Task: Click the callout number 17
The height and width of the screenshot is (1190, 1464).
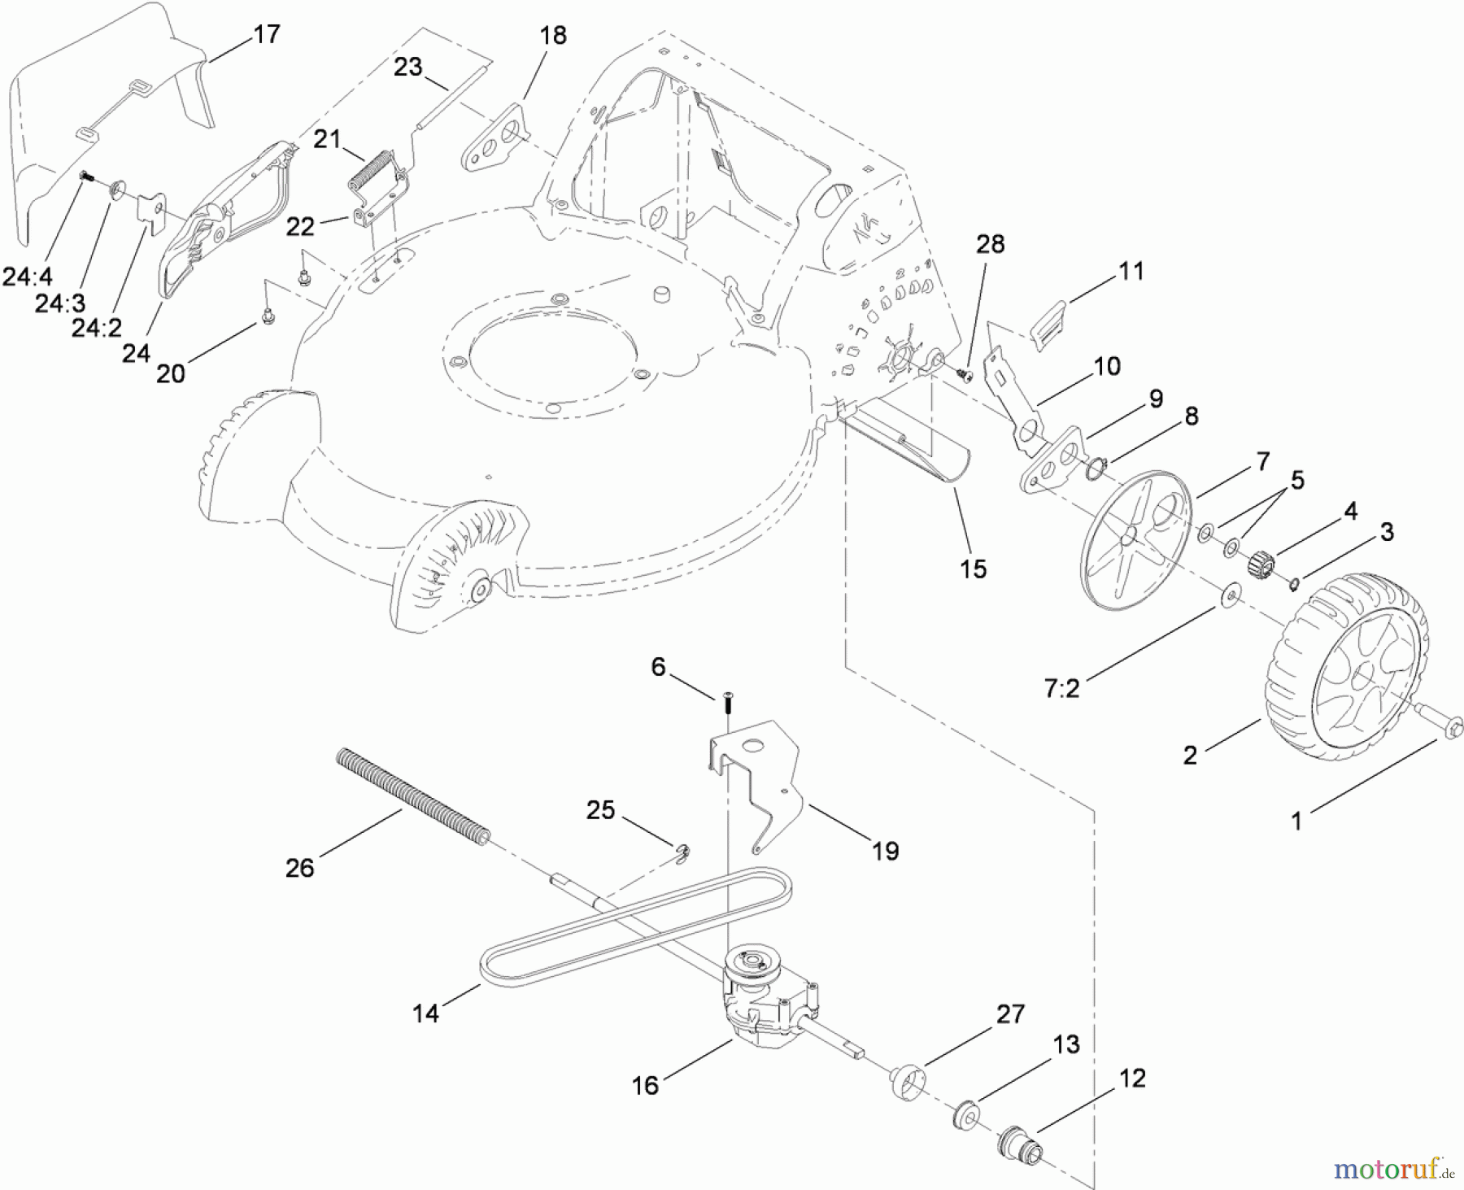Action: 266,34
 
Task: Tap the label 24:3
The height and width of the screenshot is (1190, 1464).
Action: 59,303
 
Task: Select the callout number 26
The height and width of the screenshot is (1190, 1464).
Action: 299,868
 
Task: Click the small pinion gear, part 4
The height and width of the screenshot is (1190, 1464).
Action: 1261,561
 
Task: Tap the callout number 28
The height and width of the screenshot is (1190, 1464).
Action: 990,244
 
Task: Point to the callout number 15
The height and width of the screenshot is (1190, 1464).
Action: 973,569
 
